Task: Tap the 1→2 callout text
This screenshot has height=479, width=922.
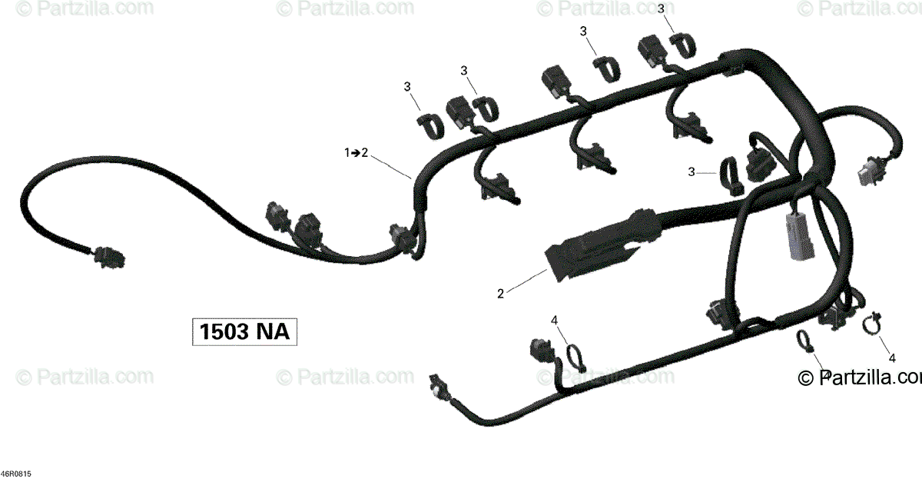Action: pyautogui.click(x=356, y=154)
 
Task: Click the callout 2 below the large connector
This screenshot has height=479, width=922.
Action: pyautogui.click(x=501, y=293)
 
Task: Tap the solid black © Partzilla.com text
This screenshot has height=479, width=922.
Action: pyautogui.click(x=859, y=378)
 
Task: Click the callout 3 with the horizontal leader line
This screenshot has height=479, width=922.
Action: pyautogui.click(x=692, y=173)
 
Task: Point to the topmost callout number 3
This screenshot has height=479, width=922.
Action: pyautogui.click(x=661, y=9)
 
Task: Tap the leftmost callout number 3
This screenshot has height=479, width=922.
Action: pyautogui.click(x=407, y=87)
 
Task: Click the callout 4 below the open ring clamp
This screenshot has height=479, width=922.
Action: pyautogui.click(x=891, y=358)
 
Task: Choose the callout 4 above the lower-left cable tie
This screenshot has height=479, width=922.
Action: pyautogui.click(x=554, y=320)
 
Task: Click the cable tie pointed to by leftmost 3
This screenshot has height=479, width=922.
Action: pyautogui.click(x=431, y=125)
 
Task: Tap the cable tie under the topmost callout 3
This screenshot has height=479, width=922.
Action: pyautogui.click(x=681, y=45)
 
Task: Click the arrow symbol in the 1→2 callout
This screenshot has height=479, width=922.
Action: pyautogui.click(x=356, y=154)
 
